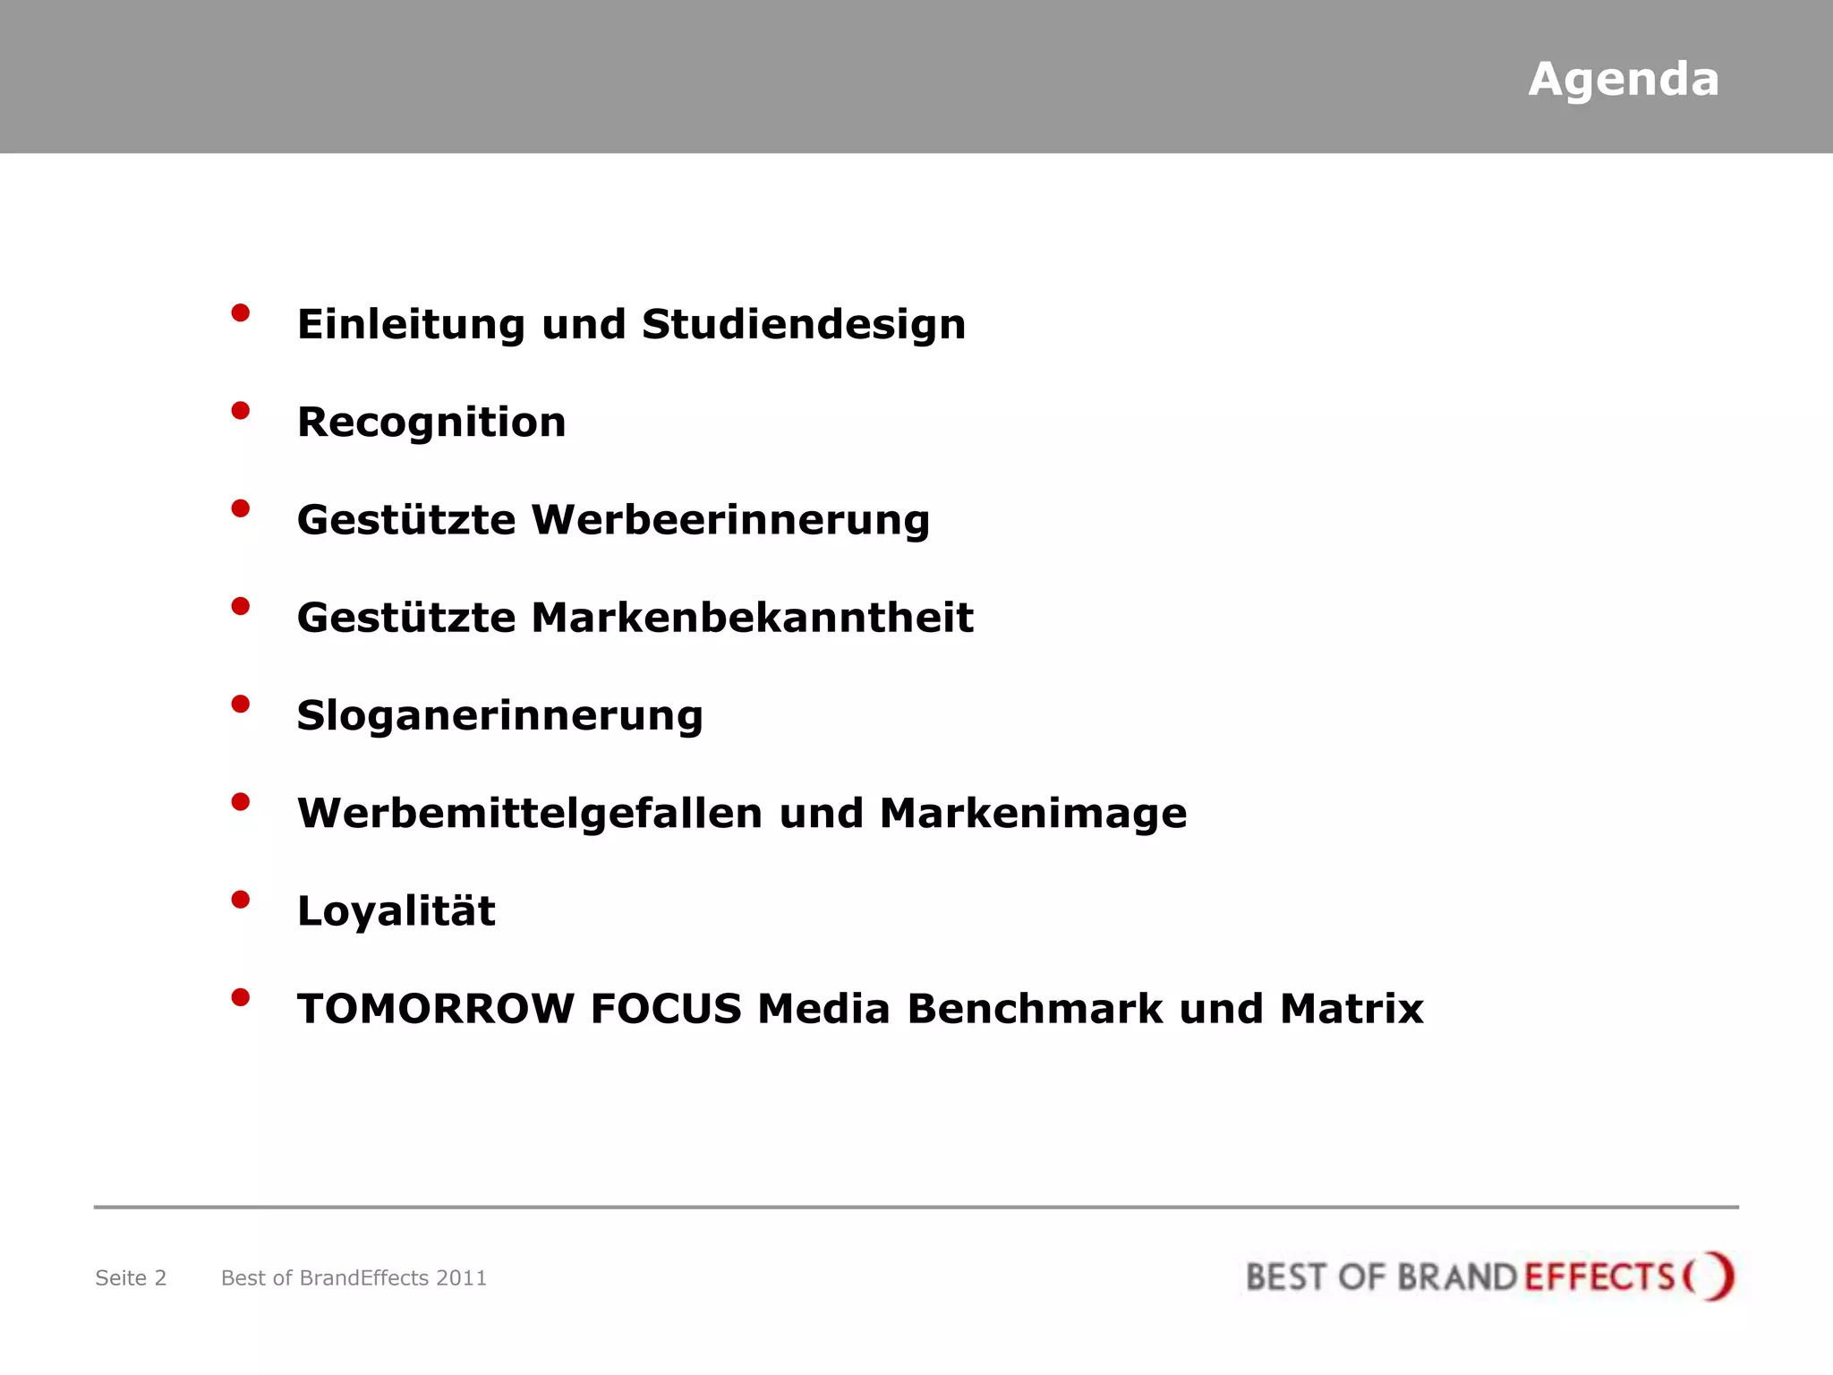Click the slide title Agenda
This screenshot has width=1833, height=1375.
point(1623,80)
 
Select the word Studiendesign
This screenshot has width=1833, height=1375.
point(804,324)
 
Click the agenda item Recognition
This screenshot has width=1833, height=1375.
point(431,423)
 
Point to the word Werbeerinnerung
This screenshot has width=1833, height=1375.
point(730,520)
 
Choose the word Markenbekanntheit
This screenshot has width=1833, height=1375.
point(752,618)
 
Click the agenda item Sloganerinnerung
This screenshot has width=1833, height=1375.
point(499,716)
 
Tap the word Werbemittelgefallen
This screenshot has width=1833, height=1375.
point(530,814)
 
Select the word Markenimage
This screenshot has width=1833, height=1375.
point(1033,814)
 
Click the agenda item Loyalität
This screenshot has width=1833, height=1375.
point(396,911)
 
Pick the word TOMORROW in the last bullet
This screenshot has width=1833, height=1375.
point(436,1009)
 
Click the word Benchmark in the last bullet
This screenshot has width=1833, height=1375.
point(1035,1009)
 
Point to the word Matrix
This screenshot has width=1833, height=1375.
point(1351,1009)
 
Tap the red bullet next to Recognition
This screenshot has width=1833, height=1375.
point(240,411)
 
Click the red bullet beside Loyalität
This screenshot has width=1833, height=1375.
point(240,900)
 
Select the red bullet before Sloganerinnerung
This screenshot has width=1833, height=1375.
point(240,705)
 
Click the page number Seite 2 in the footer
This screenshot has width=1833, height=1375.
point(131,1278)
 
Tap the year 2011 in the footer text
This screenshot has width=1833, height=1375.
point(461,1278)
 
